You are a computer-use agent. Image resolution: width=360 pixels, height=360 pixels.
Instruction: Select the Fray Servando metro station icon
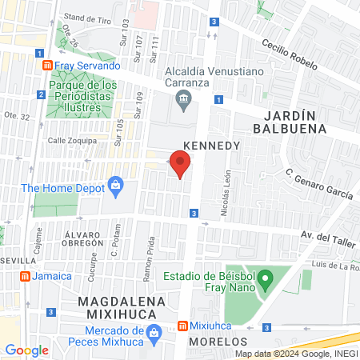pyautogui.click(x=48, y=65)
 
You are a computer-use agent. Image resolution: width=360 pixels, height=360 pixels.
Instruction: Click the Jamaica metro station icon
pyautogui.click(x=25, y=276)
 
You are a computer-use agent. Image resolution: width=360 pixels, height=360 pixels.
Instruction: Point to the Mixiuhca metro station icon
pyautogui.click(x=182, y=326)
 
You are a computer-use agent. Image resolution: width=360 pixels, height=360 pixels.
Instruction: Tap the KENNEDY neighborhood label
pyautogui.click(x=212, y=146)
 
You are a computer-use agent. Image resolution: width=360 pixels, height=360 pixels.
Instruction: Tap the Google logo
pyautogui.click(x=26, y=350)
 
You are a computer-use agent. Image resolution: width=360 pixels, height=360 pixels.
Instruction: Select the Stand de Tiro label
pyautogui.click(x=87, y=18)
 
